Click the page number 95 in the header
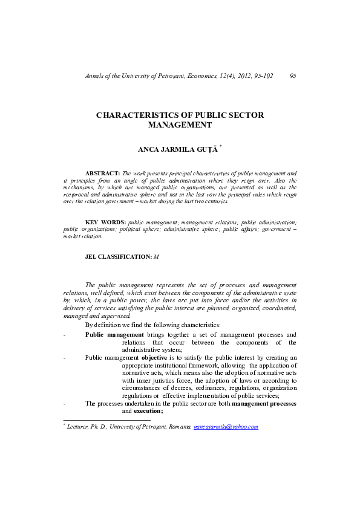[293, 76]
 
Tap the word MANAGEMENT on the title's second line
[180, 125]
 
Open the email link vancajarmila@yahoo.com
[226, 426]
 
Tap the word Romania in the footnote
[177, 426]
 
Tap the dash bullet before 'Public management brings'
[65, 335]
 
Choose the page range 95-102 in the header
[260, 76]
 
